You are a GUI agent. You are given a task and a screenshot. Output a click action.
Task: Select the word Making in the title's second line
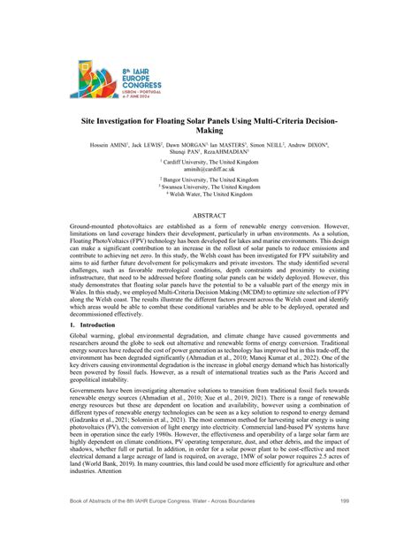pos(209,129)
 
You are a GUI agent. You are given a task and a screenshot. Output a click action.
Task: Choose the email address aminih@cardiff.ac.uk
pos(209,169)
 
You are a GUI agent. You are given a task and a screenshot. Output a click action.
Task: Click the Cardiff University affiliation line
pos(209,162)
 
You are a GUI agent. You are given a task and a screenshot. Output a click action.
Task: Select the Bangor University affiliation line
pos(209,179)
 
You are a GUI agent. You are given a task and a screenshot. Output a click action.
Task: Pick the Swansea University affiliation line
pos(209,187)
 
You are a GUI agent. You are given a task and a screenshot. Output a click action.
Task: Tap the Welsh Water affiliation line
pos(209,194)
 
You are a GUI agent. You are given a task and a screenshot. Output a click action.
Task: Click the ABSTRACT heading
pos(209,215)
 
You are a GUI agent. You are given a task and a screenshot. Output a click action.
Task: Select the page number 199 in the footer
pos(343,525)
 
